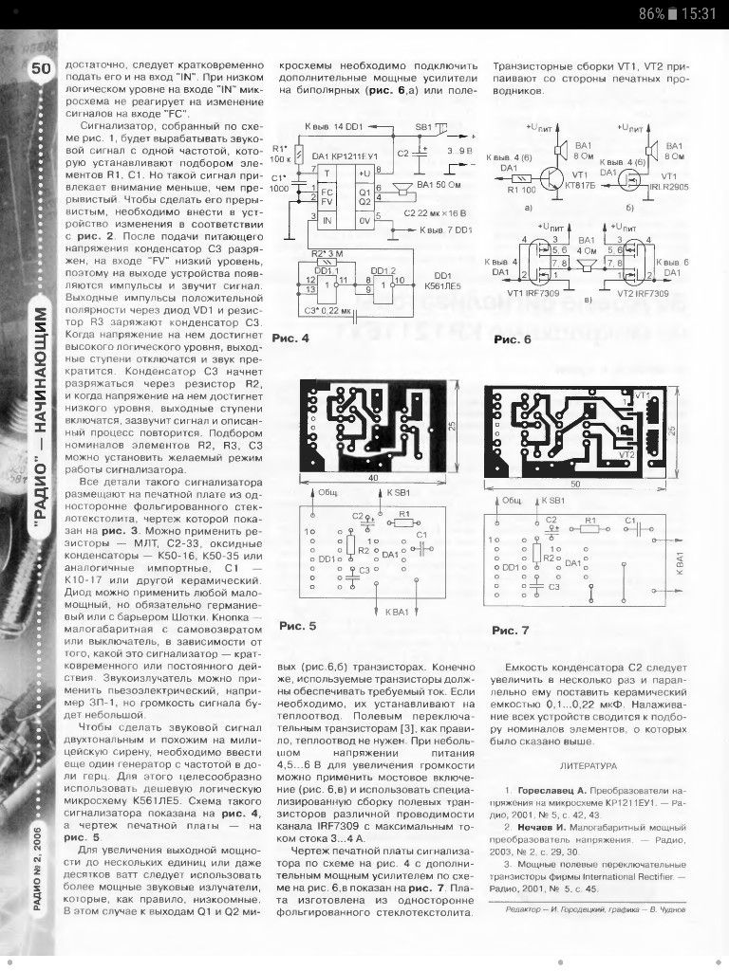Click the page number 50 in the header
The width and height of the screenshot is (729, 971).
[42, 68]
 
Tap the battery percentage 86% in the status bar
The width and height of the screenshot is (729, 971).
[651, 14]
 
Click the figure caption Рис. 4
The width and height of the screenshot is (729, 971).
[291, 338]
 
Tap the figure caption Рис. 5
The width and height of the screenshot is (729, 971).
[303, 626]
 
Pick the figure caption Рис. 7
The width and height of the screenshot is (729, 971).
[516, 630]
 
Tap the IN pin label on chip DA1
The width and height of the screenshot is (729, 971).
[327, 220]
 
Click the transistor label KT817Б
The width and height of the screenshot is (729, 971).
[582, 187]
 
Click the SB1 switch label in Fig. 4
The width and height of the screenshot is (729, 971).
[422, 126]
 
